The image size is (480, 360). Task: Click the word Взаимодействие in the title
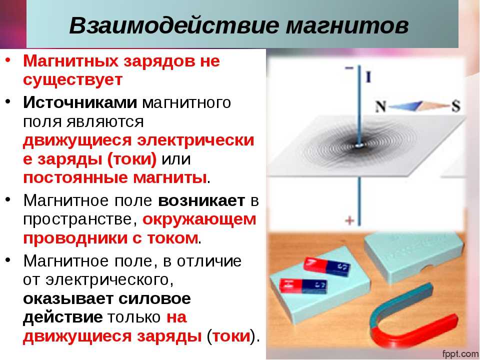pyautogui.click(x=174, y=25)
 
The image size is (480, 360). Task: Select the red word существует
pyautogui.click(x=73, y=79)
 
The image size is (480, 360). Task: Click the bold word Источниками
pyautogui.click(x=80, y=102)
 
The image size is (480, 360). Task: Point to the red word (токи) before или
pyautogui.click(x=132, y=159)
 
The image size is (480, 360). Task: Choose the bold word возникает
pyautogui.click(x=201, y=201)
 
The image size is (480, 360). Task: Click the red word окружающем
pyautogui.click(x=199, y=220)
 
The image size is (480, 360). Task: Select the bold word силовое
pyautogui.click(x=154, y=298)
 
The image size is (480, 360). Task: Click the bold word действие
pyautogui.click(x=63, y=317)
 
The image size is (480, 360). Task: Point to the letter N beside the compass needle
pyautogui.click(x=380, y=106)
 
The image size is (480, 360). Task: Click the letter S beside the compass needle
pyautogui.click(x=456, y=106)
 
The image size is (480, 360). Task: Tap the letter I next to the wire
pyautogui.click(x=368, y=77)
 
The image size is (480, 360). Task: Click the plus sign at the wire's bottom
pyautogui.click(x=349, y=220)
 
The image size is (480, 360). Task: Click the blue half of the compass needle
pyautogui.click(x=405, y=106)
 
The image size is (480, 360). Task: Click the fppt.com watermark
pyautogui.click(x=460, y=354)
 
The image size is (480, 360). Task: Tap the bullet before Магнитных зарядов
pyautogui.click(x=8, y=59)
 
